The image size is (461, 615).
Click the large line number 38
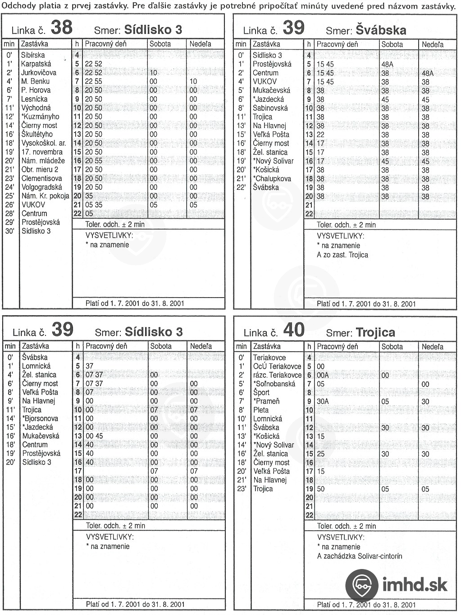[x=61, y=28]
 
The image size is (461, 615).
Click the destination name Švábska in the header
[x=381, y=30]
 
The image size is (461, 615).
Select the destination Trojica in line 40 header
[x=375, y=332]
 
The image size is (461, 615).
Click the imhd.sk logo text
[x=415, y=584]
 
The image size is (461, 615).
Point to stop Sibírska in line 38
[x=33, y=55]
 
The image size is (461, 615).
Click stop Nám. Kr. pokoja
[x=45, y=196]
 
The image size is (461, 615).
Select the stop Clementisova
[x=42, y=178]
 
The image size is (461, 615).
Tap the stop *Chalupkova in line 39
[x=272, y=179]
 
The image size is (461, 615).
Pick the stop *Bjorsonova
[x=40, y=418]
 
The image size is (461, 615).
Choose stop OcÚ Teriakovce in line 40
[x=277, y=366]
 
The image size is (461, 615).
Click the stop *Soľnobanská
[x=274, y=384]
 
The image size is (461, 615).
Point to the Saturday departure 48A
[x=387, y=64]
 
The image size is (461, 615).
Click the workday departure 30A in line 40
[x=323, y=401]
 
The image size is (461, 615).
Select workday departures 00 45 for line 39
[x=94, y=436]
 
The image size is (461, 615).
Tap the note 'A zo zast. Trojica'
[x=342, y=255]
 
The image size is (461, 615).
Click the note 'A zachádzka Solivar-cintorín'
[x=359, y=556]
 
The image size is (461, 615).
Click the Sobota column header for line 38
[x=160, y=44]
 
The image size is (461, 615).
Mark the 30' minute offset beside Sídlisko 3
[x=9, y=231]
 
